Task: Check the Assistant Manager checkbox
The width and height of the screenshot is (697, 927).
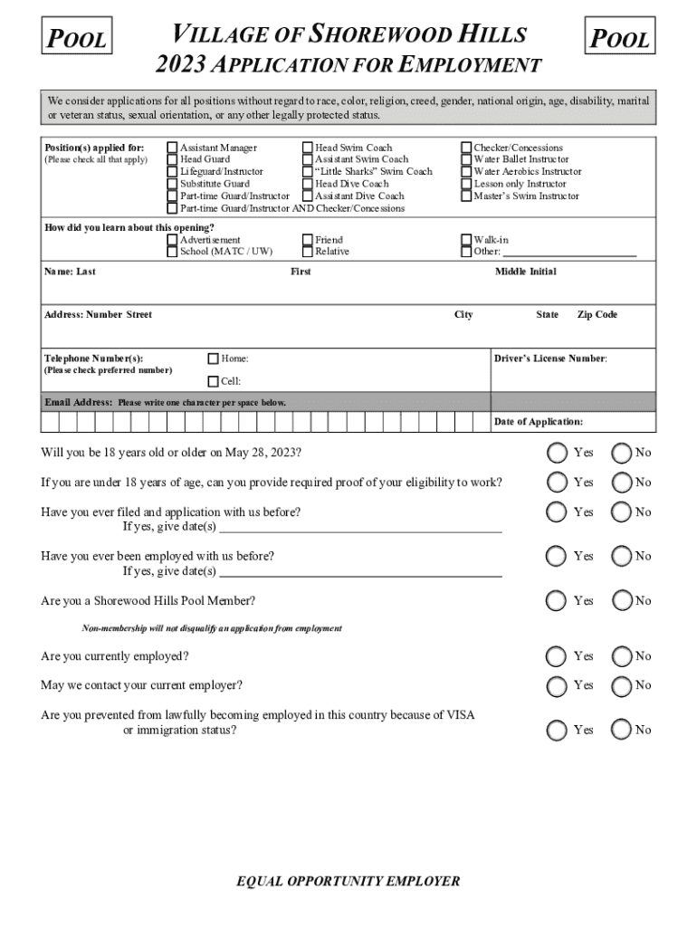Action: pos(173,148)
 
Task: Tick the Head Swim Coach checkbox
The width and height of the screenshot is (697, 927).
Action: pos(308,148)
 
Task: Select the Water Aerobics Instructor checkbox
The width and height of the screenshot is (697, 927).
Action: pos(467,171)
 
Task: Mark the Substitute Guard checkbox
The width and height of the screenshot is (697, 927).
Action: pos(173,184)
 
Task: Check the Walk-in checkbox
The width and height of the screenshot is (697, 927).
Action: pos(467,240)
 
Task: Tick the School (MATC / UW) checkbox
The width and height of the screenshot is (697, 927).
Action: pos(173,252)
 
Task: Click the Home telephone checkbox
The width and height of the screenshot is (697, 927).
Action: pos(214,358)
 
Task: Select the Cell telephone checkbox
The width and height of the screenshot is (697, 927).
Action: pos(214,381)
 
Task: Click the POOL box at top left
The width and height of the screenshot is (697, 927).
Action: pos(77,38)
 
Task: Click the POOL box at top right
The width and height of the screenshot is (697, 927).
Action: pos(620,38)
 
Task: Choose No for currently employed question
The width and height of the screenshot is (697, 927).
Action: pos(621,656)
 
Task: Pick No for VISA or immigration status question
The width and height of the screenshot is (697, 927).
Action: pos(621,730)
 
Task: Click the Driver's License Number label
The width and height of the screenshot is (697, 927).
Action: pos(550,358)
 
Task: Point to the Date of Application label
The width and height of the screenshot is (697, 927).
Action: pos(538,422)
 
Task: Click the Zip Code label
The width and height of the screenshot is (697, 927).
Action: pos(597,315)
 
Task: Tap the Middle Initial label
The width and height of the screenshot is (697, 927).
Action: pos(525,272)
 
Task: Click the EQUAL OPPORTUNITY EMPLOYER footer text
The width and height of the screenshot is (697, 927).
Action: pos(348,881)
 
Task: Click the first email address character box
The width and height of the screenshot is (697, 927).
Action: pos(50,422)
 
